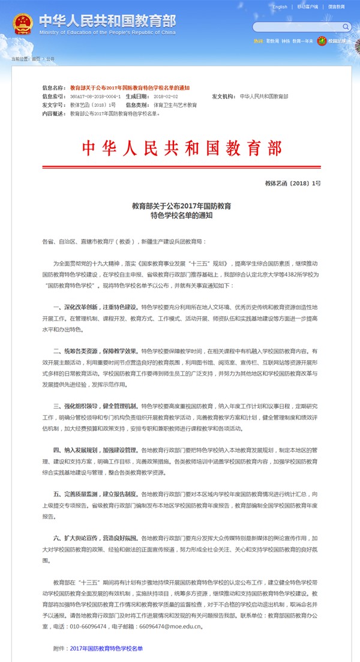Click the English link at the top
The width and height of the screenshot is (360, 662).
point(280,7)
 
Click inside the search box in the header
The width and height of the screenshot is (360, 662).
point(294,27)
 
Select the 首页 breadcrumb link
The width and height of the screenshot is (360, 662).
point(36,59)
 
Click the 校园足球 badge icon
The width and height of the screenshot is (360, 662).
point(322,41)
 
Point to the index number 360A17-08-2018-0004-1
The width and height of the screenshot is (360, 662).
point(95,96)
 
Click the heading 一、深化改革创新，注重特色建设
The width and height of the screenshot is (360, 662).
point(96,306)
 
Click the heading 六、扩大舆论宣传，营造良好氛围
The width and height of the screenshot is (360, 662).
point(96,538)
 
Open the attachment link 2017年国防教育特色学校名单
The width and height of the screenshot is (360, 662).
point(106,648)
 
